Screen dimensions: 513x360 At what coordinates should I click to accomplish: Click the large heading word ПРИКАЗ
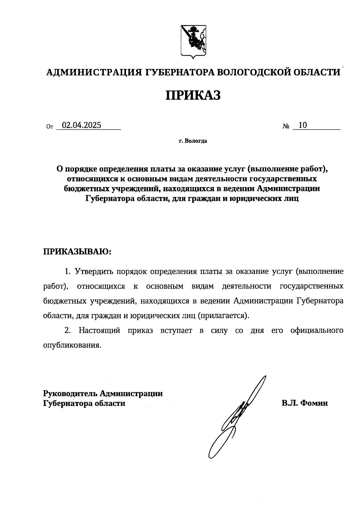193,95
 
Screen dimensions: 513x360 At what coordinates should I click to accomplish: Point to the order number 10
303,125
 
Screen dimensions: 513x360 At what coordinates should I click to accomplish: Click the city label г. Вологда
193,141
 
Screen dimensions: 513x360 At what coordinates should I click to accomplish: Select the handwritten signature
237,417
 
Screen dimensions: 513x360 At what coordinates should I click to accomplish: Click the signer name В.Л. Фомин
304,403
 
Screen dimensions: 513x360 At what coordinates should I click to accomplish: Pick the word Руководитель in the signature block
70,393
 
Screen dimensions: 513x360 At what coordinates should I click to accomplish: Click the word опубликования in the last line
71,345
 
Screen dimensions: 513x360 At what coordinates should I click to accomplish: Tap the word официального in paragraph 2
317,331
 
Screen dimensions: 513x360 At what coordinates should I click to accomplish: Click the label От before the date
49,127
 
